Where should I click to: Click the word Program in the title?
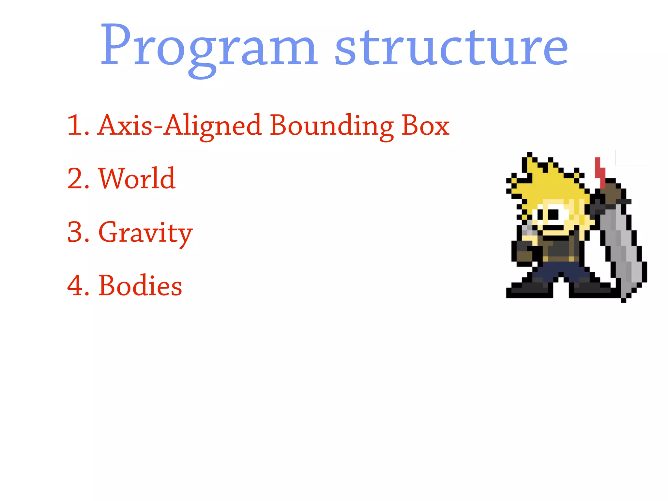(209, 46)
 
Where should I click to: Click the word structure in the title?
(451, 46)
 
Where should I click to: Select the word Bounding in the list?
(331, 126)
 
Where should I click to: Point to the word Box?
(425, 126)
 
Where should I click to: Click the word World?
(137, 178)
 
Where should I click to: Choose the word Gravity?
(145, 232)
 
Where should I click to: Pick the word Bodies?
(140, 286)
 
